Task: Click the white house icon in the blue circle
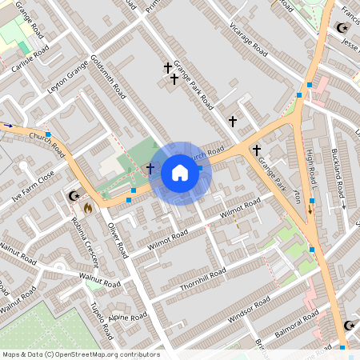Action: [x=180, y=173]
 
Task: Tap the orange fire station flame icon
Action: [x=86, y=206]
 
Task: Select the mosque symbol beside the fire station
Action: [x=74, y=196]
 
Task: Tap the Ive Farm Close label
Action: [x=34, y=186]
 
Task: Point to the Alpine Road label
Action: [x=129, y=317]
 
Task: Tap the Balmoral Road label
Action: [x=294, y=323]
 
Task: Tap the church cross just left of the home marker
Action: [x=150, y=169]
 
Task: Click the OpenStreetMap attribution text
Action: [x=80, y=354]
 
